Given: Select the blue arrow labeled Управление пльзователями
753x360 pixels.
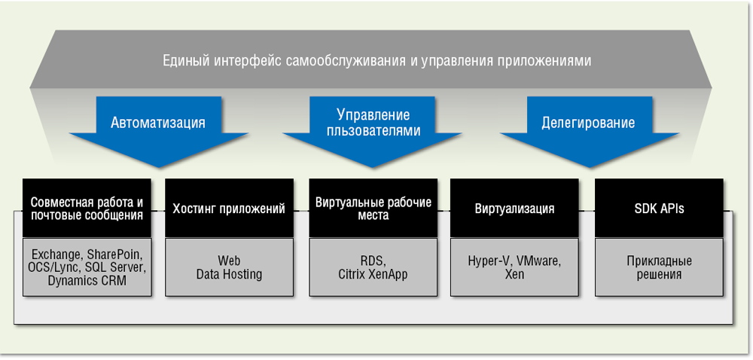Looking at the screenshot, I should pyautogui.click(x=373, y=124).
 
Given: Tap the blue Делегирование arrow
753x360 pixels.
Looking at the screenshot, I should pyautogui.click(x=588, y=124).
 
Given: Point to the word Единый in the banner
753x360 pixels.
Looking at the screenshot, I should pyautogui.click(x=185, y=60).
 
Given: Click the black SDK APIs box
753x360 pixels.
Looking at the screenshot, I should pyautogui.click(x=659, y=209).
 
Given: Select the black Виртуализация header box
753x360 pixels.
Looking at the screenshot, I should pyautogui.click(x=514, y=209).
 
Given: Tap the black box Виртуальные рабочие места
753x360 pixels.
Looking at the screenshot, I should pyautogui.click(x=373, y=209).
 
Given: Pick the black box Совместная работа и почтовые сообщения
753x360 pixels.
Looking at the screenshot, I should pyautogui.click(x=87, y=209).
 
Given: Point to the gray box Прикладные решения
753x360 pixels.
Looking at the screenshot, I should pyautogui.click(x=659, y=267).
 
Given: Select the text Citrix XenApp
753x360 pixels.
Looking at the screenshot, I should pyautogui.click(x=373, y=275).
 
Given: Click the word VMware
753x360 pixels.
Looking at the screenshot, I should pyautogui.click(x=539, y=261).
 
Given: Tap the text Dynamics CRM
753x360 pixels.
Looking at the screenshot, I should pyautogui.click(x=87, y=281).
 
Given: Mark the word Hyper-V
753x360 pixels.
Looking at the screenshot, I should pyautogui.click(x=489, y=261).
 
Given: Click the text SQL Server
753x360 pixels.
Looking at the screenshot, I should pyautogui.click(x=116, y=267).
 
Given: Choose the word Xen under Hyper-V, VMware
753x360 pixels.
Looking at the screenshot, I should pyautogui.click(x=514, y=275).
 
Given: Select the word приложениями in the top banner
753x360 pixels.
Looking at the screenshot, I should pyautogui.click(x=540, y=60).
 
